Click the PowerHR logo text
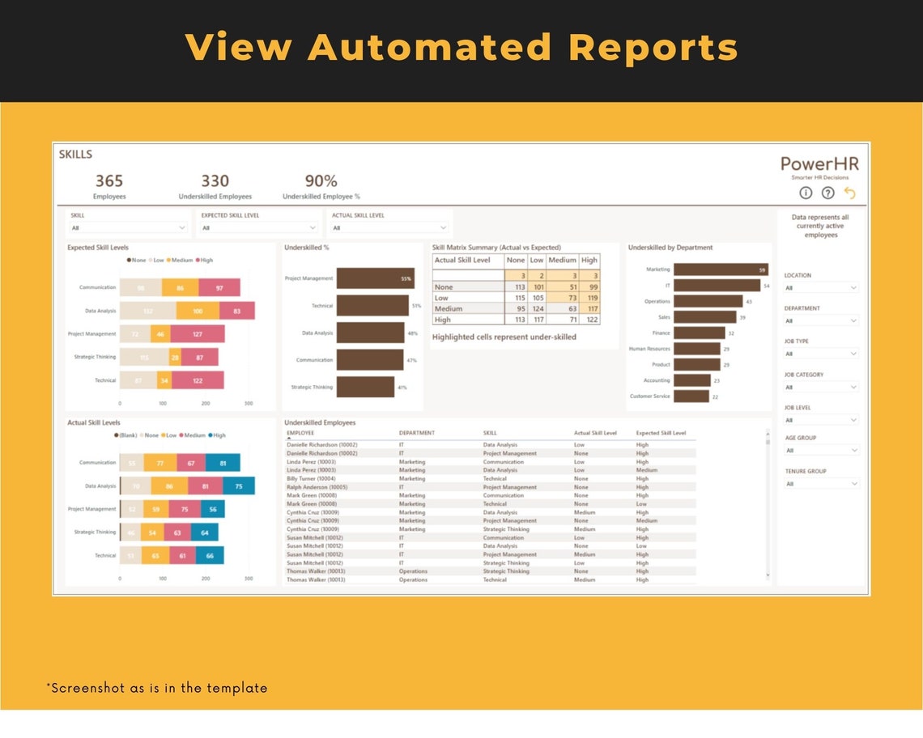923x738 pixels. [819, 164]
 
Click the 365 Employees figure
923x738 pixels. [109, 181]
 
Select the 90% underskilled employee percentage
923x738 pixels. [321, 181]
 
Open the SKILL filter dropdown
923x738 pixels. [128, 228]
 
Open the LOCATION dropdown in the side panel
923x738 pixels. [820, 287]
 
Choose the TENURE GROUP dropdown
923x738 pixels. [820, 484]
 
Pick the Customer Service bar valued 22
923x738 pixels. [691, 397]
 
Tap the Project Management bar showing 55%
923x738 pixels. [375, 278]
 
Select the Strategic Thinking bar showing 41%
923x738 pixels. [365, 387]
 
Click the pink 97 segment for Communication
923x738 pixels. [219, 287]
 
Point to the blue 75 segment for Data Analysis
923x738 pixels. [238, 486]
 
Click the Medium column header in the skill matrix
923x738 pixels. [562, 261]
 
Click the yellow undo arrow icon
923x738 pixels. [849, 193]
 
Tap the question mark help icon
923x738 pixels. [827, 193]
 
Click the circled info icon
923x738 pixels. [806, 193]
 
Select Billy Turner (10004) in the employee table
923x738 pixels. [311, 478]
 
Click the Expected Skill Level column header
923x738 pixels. [661, 433]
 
